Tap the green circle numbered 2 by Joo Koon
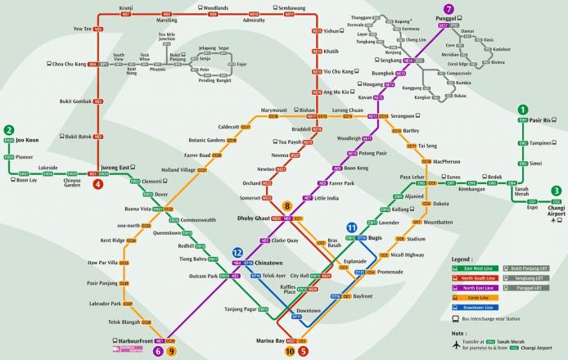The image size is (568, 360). click(x=8, y=129)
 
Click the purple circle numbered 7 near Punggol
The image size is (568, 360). click(x=449, y=8)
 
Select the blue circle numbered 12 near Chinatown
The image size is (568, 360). click(x=237, y=253)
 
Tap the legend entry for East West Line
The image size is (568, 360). click(x=483, y=267)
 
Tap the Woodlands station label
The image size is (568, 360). click(x=216, y=7)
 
